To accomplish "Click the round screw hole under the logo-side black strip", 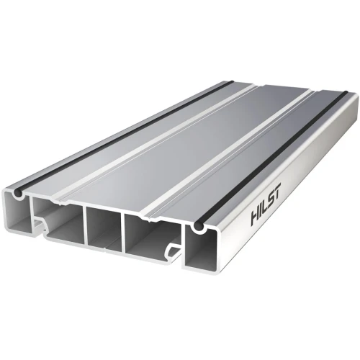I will [198, 228].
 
